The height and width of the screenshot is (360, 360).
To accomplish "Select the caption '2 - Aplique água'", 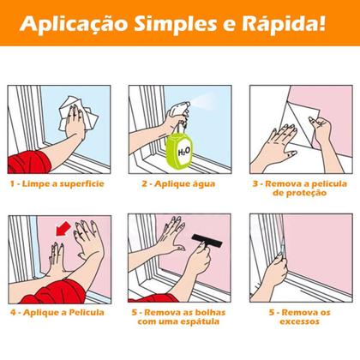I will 179,183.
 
